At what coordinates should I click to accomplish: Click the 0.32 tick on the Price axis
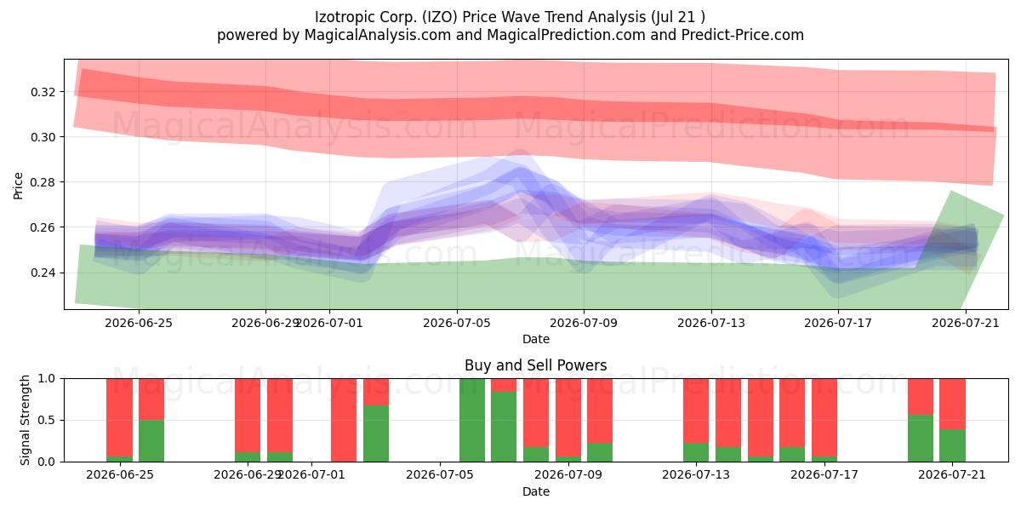pyautogui.click(x=43, y=92)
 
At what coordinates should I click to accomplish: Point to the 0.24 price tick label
pyautogui.click(x=43, y=273)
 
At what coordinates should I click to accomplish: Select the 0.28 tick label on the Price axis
pyautogui.click(x=43, y=182)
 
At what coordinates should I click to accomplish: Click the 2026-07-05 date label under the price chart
pyautogui.click(x=457, y=323)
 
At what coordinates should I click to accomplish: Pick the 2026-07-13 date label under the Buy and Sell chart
pyautogui.click(x=696, y=474)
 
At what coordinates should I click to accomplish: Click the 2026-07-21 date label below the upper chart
pyautogui.click(x=966, y=323)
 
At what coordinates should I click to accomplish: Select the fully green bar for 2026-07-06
pyautogui.click(x=471, y=420)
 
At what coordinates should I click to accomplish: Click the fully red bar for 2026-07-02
pyautogui.click(x=344, y=420)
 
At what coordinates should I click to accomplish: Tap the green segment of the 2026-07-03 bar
pyautogui.click(x=376, y=433)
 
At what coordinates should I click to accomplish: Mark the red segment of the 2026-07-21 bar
pyautogui.click(x=952, y=404)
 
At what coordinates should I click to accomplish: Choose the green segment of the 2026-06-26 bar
pyautogui.click(x=151, y=441)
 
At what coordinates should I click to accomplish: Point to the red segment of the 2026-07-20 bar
pyautogui.click(x=921, y=397)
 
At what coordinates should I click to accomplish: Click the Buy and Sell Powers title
pyautogui.click(x=535, y=365)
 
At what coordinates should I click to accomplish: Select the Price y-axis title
pyautogui.click(x=18, y=186)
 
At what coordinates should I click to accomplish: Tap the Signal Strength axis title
pyautogui.click(x=25, y=420)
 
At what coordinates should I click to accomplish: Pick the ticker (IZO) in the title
pyautogui.click(x=439, y=17)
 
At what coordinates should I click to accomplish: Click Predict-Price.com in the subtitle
pyautogui.click(x=743, y=35)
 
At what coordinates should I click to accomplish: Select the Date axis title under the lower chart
pyautogui.click(x=535, y=491)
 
